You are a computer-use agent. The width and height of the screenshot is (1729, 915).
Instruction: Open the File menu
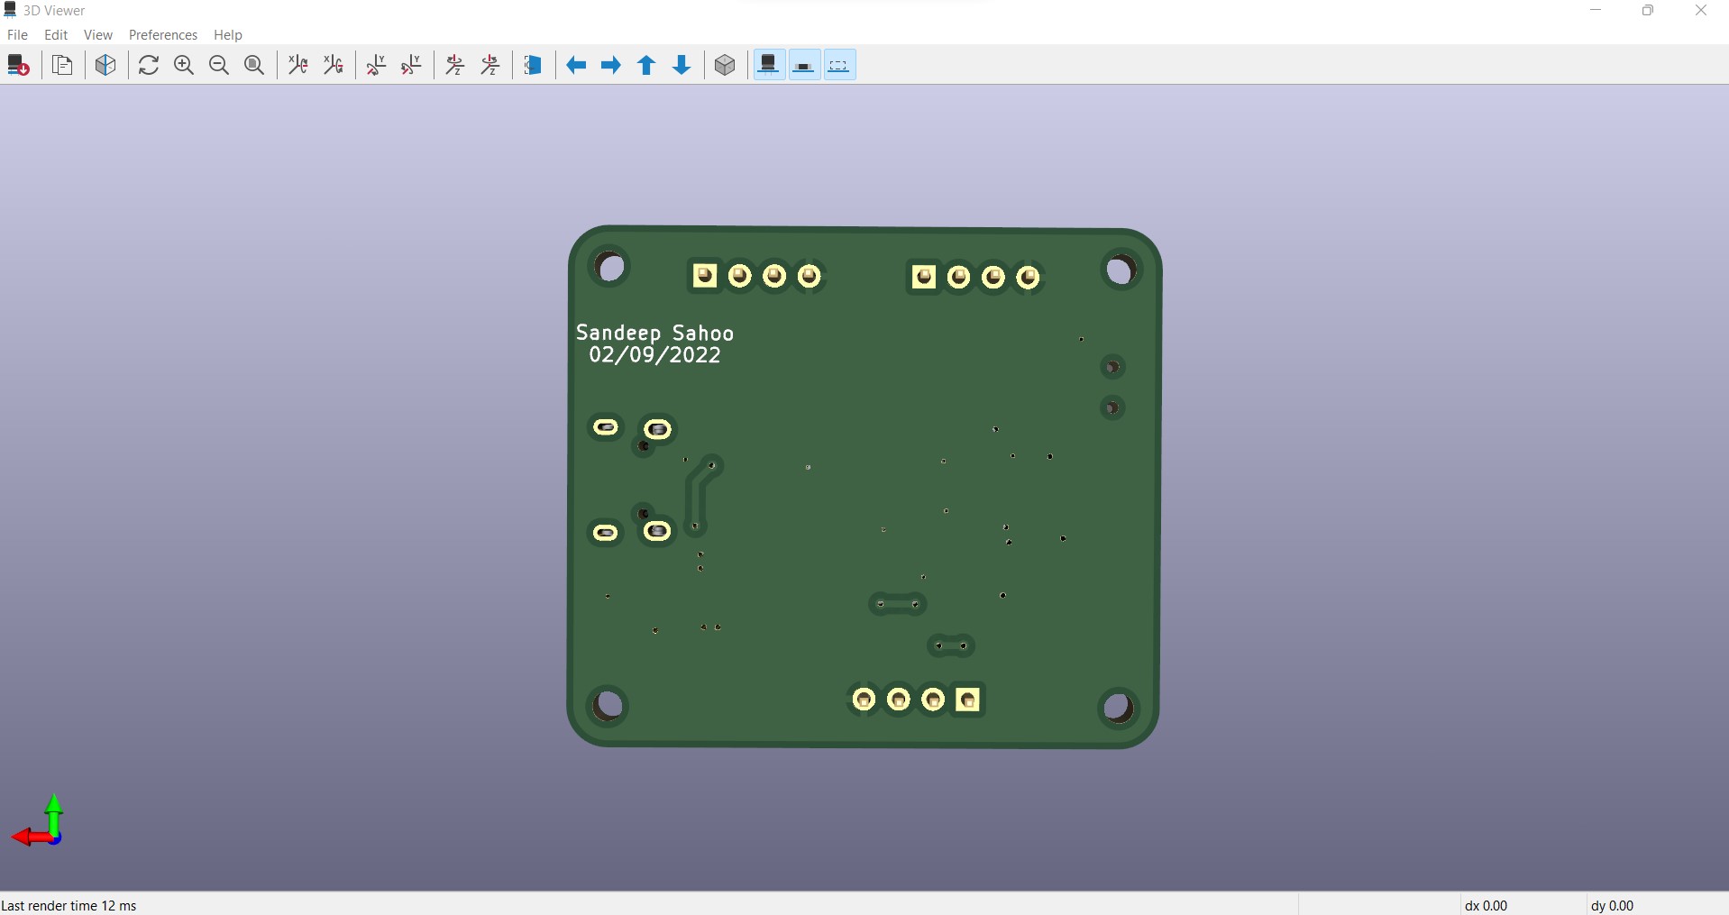tap(17, 34)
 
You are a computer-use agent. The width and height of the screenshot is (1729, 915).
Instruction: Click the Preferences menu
tap(162, 34)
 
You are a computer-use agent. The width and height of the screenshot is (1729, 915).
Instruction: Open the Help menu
tap(227, 34)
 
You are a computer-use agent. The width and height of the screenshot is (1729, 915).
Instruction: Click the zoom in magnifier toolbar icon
tap(184, 65)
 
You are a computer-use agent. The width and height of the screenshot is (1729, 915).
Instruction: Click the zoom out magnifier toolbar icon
tap(219, 65)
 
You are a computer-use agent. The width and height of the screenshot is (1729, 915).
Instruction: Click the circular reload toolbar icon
tap(149, 65)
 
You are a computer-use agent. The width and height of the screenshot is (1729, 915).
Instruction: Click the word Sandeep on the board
tap(618, 334)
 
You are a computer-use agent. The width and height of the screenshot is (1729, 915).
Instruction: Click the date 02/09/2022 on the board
tap(654, 355)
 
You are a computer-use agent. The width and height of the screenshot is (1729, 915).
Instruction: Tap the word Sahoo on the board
tap(703, 334)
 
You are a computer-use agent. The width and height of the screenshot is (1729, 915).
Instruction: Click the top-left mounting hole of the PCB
tap(611, 268)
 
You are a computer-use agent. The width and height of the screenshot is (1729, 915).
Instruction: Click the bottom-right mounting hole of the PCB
tap(1118, 708)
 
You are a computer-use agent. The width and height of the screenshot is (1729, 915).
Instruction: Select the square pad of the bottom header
tap(967, 700)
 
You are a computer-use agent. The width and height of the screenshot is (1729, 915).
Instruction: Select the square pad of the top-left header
tap(705, 275)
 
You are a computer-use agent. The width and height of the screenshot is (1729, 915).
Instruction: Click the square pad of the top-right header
tap(923, 277)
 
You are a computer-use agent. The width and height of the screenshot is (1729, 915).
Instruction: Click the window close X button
tap(1700, 11)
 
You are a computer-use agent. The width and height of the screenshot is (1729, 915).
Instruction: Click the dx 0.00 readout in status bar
tap(1486, 905)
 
